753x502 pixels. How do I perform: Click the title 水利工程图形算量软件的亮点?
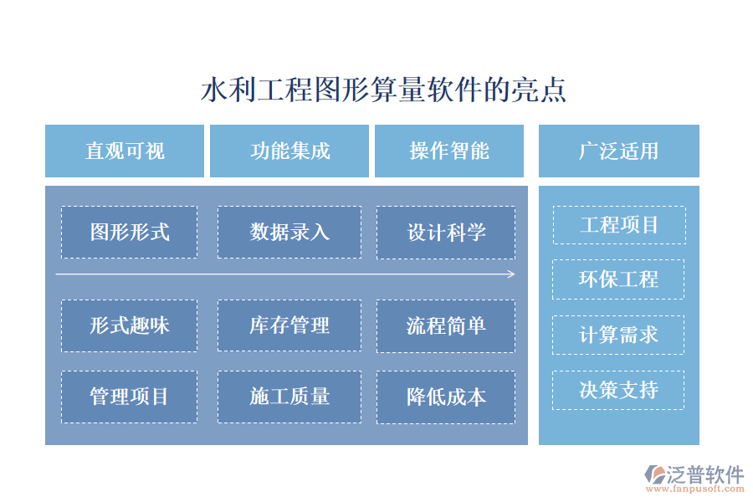coord(384,90)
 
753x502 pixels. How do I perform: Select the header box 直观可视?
coord(125,151)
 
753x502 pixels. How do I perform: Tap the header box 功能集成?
coord(289,151)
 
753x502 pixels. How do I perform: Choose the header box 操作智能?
coord(449,151)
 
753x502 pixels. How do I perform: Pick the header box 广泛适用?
coord(618,151)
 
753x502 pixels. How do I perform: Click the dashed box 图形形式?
coord(129,232)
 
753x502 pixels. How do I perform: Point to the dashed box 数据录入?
coord(289,232)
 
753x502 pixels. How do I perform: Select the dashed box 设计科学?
coord(446,232)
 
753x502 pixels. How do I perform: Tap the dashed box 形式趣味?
coord(129,325)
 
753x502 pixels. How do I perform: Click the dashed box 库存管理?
coord(289,325)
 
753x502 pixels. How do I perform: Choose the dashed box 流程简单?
coord(446,325)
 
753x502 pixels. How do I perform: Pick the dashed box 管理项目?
coord(129,397)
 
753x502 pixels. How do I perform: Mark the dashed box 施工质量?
coord(289,397)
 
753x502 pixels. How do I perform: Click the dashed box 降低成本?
coord(446,397)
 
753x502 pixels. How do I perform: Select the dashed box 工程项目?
coord(619,225)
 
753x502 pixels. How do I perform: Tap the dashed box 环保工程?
coord(618,279)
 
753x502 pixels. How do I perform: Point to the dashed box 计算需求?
coord(618,335)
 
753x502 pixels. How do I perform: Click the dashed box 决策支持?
coord(618,390)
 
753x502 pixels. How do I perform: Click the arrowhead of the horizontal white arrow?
coord(511,274)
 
